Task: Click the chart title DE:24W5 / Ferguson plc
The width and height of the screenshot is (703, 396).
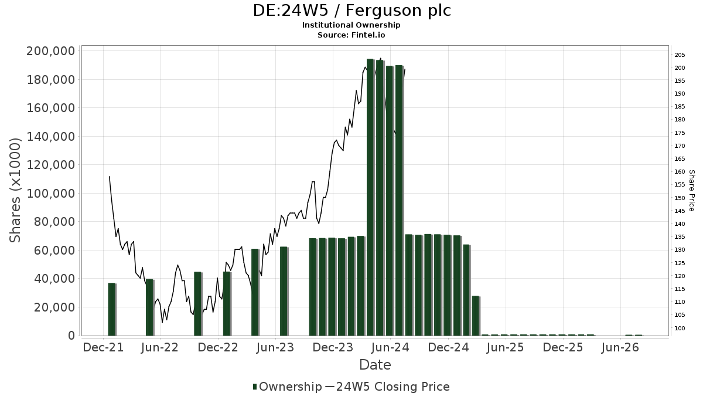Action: pos(351,11)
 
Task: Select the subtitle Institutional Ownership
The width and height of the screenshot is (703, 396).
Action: pos(351,25)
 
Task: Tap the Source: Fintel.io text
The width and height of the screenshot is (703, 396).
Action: pos(351,35)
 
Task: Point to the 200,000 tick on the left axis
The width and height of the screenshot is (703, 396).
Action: pos(51,51)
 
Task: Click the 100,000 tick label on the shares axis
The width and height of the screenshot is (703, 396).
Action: pos(51,193)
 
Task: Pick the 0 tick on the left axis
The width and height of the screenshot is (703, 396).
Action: pos(71,336)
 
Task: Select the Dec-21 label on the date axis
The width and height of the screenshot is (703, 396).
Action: pos(103,347)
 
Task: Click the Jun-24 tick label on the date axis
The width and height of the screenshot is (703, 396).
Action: pos(390,347)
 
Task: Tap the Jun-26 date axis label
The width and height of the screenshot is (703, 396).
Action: pos(620,347)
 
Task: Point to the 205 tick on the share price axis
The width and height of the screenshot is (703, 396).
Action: pos(680,55)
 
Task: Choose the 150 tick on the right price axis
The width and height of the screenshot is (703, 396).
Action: pos(680,198)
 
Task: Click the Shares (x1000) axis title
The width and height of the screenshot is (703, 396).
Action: pos(15,191)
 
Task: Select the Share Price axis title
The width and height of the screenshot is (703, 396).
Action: pos(692,191)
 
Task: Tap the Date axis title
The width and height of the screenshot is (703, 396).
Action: pos(375,365)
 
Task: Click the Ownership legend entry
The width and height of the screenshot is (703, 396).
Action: pos(287,387)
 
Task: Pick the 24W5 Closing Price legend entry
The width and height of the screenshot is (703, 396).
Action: pos(387,387)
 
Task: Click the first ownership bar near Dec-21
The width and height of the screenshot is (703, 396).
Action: pos(112,309)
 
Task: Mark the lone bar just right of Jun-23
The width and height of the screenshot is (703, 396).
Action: pos(284,291)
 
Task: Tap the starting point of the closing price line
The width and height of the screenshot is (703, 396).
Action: pos(109,177)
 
